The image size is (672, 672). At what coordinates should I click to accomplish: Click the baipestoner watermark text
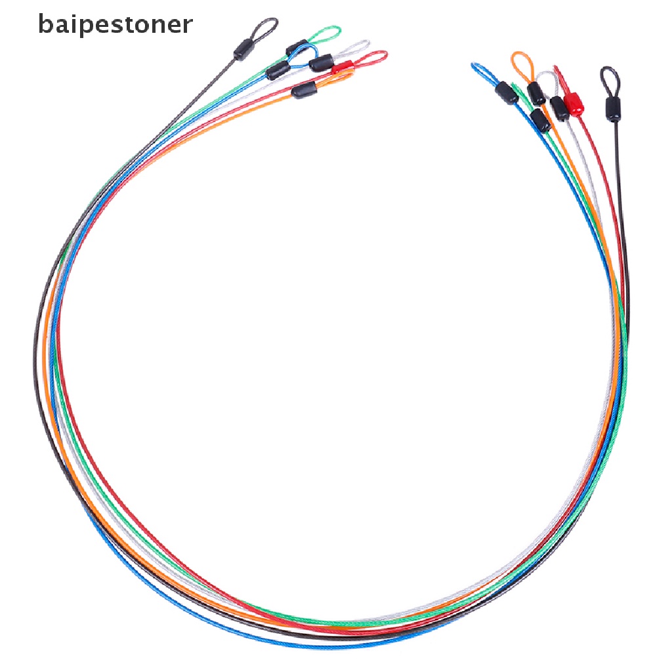click(115, 24)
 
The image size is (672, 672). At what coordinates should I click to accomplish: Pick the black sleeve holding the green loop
click(297, 48)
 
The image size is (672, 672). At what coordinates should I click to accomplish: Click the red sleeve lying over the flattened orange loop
click(342, 68)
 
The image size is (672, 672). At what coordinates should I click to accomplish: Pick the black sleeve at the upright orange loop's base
click(536, 94)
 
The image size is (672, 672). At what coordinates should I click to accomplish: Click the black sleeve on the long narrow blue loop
click(507, 93)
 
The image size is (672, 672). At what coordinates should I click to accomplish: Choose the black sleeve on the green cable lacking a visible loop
click(540, 120)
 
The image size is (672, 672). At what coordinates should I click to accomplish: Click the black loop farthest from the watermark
click(608, 77)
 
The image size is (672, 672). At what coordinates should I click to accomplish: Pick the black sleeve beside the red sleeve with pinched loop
click(559, 108)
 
